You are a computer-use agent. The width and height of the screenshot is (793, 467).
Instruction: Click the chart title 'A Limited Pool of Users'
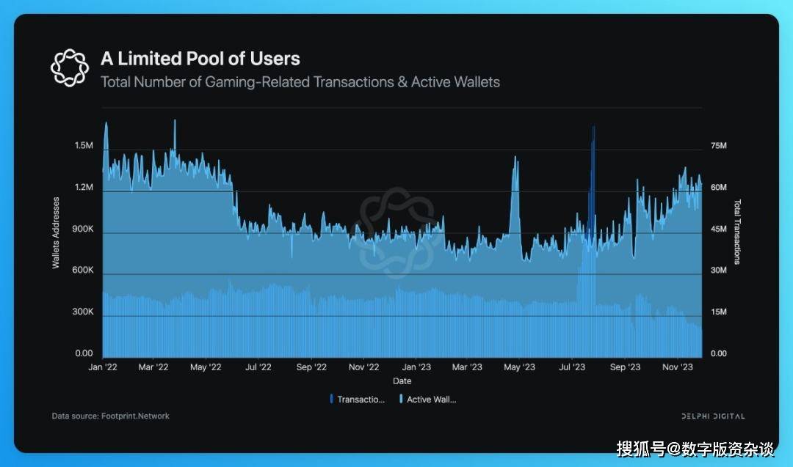[x=200, y=59]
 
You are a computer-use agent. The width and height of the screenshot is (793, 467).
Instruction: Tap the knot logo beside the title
[x=69, y=66]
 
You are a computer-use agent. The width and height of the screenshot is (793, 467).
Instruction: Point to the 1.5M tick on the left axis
[x=84, y=147]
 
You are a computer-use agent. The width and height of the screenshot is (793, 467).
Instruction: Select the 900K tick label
[x=83, y=229]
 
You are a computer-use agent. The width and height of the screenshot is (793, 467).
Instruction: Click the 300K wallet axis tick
[x=83, y=312]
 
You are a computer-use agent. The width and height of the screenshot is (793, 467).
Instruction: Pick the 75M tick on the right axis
[x=718, y=147]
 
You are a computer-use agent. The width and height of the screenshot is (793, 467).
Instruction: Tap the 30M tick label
[x=718, y=271]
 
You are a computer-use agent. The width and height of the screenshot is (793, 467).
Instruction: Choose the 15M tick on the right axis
[x=718, y=312]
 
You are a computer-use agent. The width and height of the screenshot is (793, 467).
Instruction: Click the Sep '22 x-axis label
[x=311, y=367]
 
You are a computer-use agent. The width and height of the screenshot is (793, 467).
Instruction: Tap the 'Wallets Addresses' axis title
[x=56, y=232]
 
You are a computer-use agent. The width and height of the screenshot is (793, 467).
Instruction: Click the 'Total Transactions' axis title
[x=738, y=232]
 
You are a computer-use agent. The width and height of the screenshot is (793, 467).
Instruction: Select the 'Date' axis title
[x=402, y=381]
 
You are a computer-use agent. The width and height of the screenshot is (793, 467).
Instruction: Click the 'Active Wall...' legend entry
[x=430, y=400]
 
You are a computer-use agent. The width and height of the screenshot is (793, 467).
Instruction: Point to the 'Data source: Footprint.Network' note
[x=110, y=416]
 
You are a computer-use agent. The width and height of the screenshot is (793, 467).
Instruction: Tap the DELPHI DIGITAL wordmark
[x=712, y=416]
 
